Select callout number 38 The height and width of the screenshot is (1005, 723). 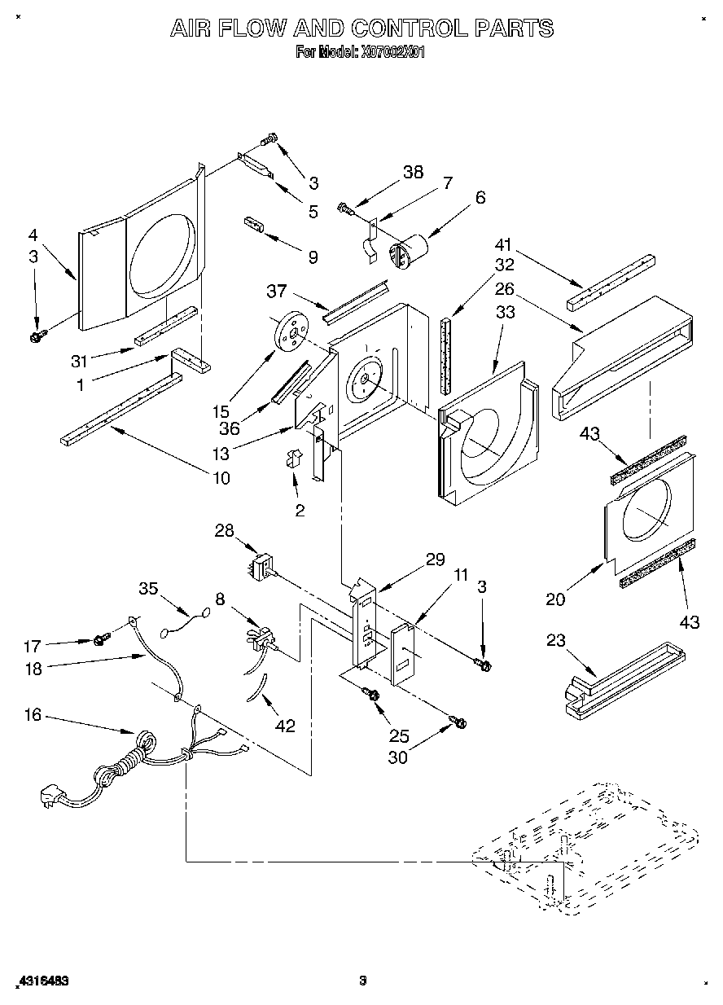pyautogui.click(x=414, y=172)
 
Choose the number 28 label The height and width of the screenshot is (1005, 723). pyautogui.click(x=224, y=532)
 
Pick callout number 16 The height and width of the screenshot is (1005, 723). pyautogui.click(x=33, y=717)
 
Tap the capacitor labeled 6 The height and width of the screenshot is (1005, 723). pyautogui.click(x=407, y=248)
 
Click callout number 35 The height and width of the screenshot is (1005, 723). pyautogui.click(x=147, y=588)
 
